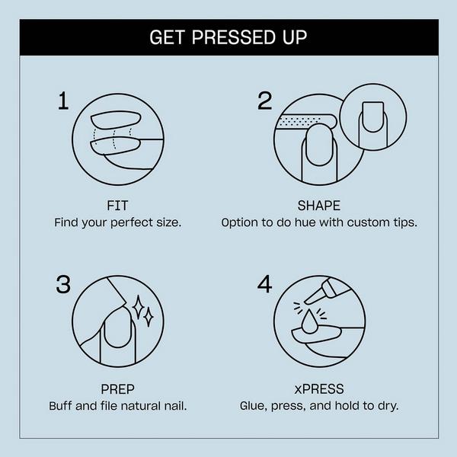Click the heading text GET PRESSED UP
[x=228, y=37]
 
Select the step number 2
[x=264, y=101]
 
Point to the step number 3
[x=65, y=284]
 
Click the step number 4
[x=264, y=284]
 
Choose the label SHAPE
[x=318, y=206]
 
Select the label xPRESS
[x=318, y=388]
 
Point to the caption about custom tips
[x=319, y=223]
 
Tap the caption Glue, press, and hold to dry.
[x=319, y=406]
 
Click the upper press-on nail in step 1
[x=116, y=120]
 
